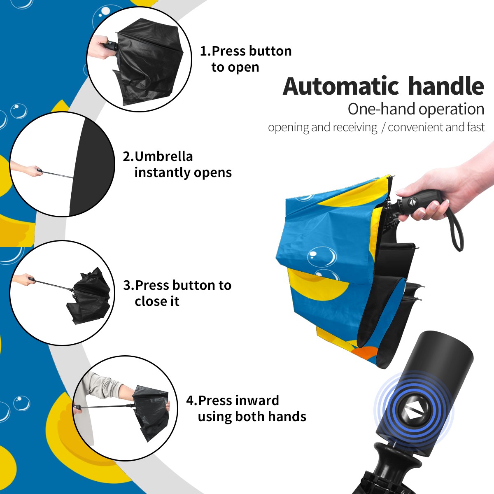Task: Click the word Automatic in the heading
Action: pos(341,86)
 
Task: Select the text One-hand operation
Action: pos(416,109)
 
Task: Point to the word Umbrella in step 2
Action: pos(163,156)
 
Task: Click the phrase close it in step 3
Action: pos(157,301)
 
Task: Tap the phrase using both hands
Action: pos(252,417)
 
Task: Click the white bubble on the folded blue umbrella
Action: pos(322,256)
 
